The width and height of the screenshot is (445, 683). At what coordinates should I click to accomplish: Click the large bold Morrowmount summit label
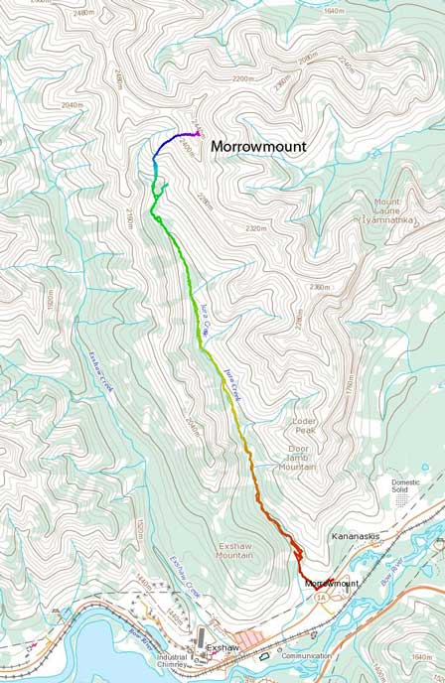coord(257,145)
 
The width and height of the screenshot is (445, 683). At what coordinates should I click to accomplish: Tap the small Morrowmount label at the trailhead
coord(331,583)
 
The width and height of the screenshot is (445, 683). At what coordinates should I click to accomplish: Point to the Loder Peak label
coord(304,421)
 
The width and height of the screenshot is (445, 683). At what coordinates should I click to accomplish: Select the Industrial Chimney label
coord(172,661)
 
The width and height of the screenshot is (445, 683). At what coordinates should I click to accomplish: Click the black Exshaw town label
coord(222,647)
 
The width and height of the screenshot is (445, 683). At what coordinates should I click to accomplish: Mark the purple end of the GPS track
coord(199,132)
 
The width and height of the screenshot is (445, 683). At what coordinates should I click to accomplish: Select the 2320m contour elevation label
coord(256,228)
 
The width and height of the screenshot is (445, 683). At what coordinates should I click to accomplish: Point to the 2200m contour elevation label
coord(242,77)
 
